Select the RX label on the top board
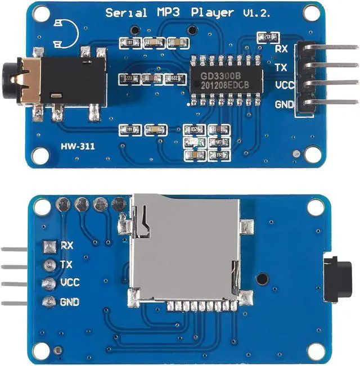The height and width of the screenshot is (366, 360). [281, 49]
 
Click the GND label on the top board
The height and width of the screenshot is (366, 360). [283, 105]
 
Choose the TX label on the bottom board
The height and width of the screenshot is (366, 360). [66, 264]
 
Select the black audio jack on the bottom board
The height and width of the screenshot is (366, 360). [338, 278]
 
